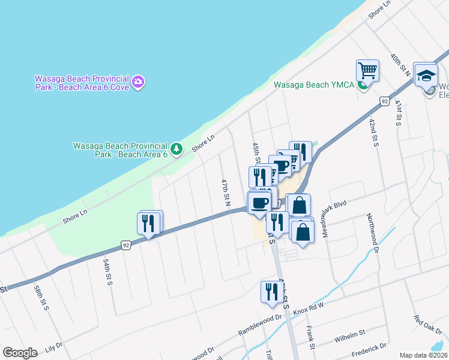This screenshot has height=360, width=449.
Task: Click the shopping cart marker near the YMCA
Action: tap(367, 70)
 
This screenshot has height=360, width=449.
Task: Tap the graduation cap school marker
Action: tap(426, 75)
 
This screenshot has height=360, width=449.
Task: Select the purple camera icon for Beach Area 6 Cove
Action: tap(139, 82)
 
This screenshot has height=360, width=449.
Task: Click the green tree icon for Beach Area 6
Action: tap(176, 148)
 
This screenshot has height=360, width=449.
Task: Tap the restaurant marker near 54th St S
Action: tap(149, 223)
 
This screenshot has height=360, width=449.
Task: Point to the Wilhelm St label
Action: tap(350, 337)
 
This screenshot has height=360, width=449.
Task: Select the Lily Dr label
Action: tap(53, 347)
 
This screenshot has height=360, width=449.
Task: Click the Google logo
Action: tap(20, 353)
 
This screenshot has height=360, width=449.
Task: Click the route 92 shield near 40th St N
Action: tap(384, 102)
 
